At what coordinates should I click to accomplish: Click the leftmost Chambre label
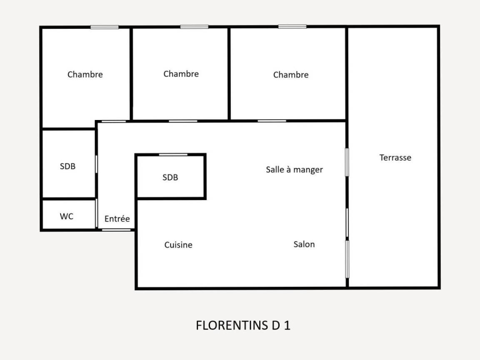click(x=85, y=75)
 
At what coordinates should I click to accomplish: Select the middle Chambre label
click(x=181, y=74)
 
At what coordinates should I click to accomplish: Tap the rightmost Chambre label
click(x=291, y=75)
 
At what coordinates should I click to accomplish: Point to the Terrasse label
click(x=395, y=157)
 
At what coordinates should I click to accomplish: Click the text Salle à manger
click(x=294, y=170)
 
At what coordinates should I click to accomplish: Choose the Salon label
click(x=304, y=244)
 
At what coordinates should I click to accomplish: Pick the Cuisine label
click(x=178, y=245)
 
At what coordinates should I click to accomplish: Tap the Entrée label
click(x=117, y=219)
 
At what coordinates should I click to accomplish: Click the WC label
click(x=66, y=216)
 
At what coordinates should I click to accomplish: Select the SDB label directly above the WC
click(x=67, y=166)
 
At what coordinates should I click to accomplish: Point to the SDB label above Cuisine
click(x=170, y=177)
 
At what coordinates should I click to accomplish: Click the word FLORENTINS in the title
click(x=232, y=325)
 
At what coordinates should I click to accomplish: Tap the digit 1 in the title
click(x=287, y=325)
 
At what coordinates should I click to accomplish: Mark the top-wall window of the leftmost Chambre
click(x=105, y=27)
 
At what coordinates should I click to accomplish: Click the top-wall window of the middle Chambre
click(x=194, y=27)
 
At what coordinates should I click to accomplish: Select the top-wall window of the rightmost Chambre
click(x=292, y=27)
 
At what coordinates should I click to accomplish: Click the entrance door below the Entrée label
click(x=116, y=230)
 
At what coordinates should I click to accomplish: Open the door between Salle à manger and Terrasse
click(x=347, y=162)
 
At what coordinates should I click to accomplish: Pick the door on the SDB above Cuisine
click(x=173, y=155)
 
